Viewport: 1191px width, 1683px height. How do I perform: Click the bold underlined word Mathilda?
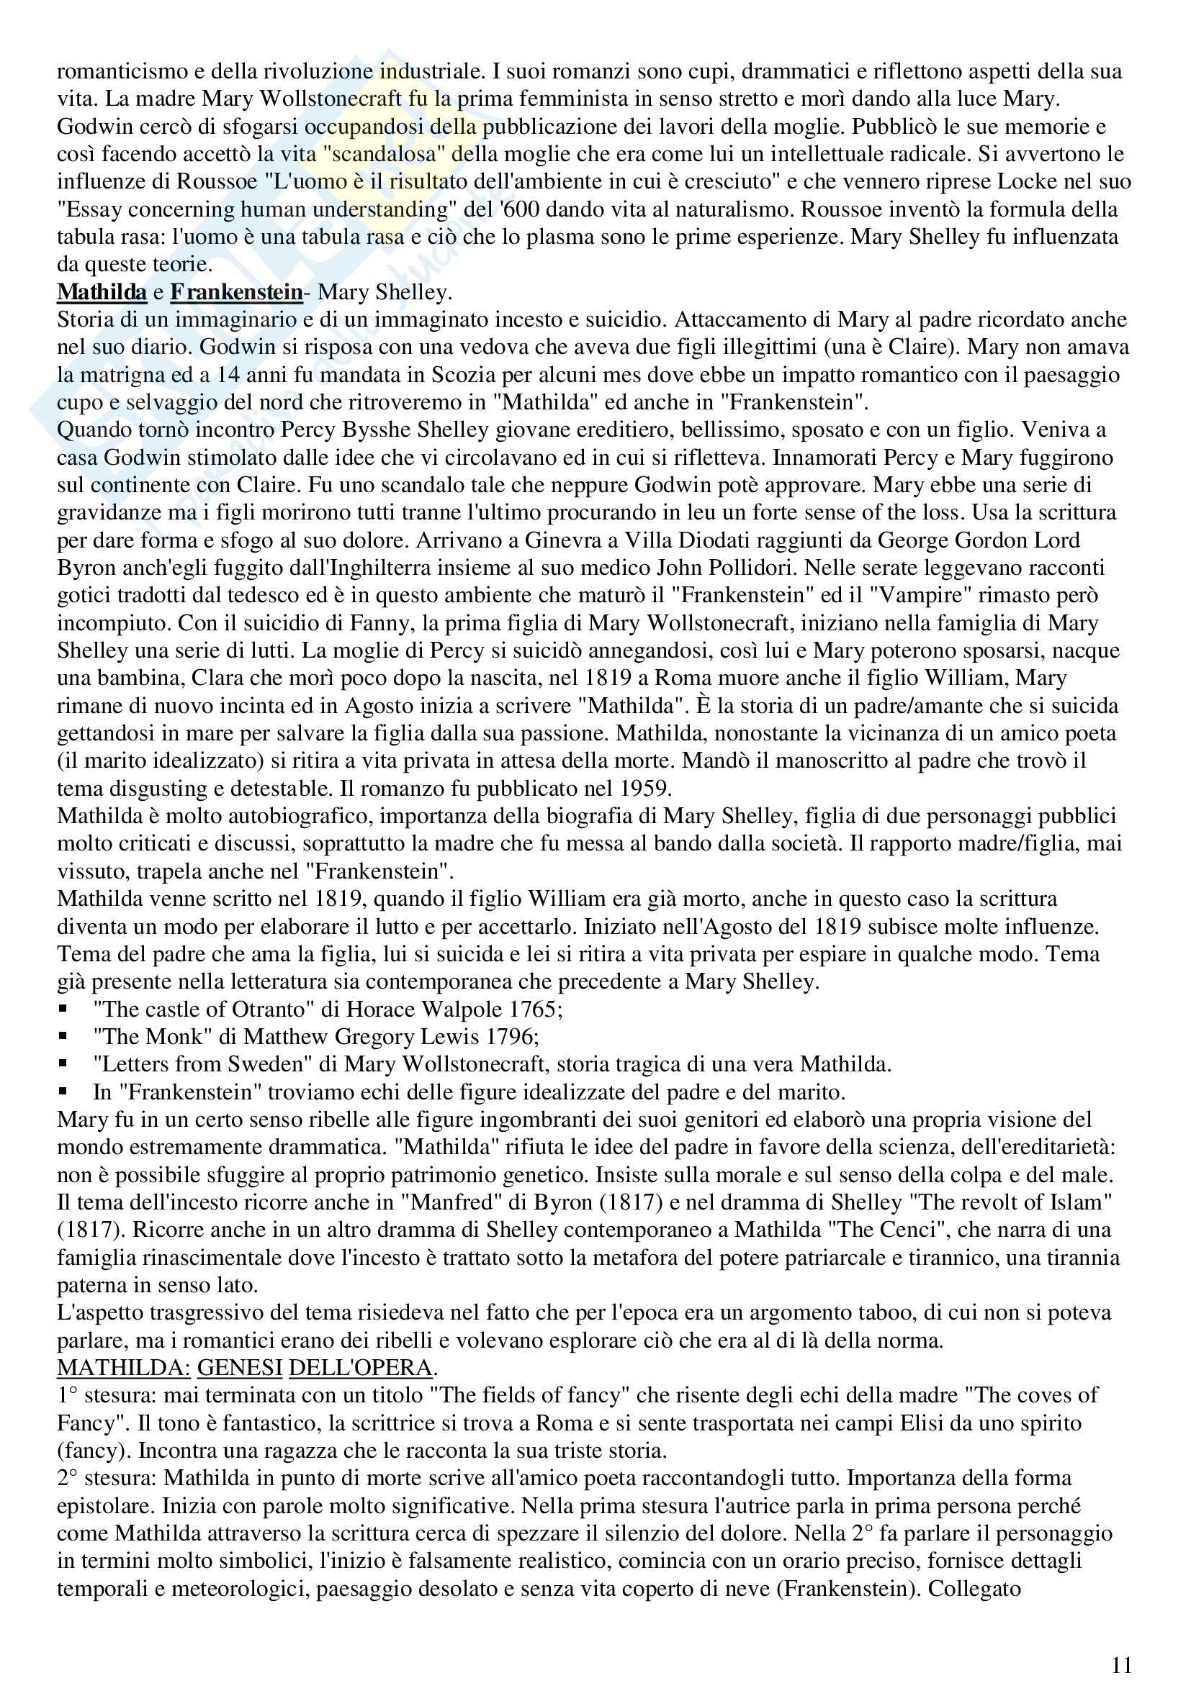point(102,291)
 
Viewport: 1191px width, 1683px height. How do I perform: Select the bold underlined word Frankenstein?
point(236,291)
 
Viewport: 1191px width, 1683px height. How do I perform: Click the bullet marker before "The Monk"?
point(64,1036)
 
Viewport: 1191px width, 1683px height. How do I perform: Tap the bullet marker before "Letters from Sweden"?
point(64,1064)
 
